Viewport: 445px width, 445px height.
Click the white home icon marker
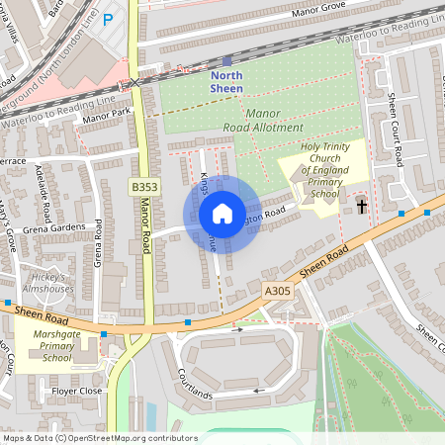[222, 214]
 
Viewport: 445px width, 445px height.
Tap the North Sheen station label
[226, 82]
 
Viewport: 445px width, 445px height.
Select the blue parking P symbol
[109, 19]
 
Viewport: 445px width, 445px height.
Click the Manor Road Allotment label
[261, 122]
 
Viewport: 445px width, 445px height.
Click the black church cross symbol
[362, 206]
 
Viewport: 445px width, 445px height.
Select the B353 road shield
[144, 185]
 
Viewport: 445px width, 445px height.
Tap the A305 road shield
[278, 291]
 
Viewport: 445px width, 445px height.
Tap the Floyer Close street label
[76, 391]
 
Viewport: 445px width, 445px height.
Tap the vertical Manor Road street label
[145, 227]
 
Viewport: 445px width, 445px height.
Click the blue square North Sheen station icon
[226, 61]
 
